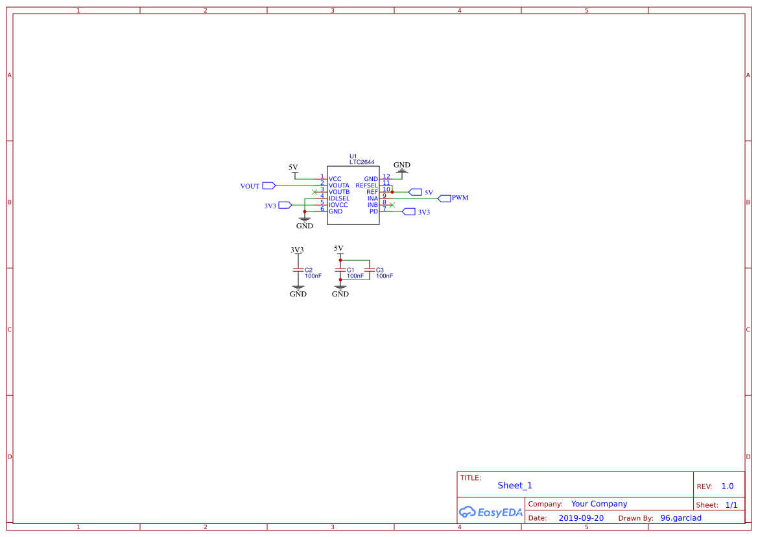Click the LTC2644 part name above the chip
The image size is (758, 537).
[361, 162]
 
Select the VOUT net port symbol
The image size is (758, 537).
[268, 185]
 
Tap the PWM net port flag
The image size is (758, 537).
[444, 198]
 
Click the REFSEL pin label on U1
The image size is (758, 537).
[367, 185]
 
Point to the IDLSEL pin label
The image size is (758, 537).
[338, 198]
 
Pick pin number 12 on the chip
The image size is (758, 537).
[386, 176]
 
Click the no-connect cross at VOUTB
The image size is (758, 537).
[314, 192]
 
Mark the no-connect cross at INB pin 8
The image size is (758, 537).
[392, 205]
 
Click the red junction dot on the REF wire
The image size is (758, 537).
[392, 192]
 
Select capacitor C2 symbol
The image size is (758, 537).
[298, 269]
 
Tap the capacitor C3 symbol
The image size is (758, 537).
[369, 269]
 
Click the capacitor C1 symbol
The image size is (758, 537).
[340, 269]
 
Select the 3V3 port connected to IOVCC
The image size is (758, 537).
[285, 205]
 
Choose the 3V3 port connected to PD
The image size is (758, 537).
[409, 211]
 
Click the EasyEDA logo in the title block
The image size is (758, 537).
[490, 512]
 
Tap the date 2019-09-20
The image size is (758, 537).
[580, 518]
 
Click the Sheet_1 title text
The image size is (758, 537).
[515, 485]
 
